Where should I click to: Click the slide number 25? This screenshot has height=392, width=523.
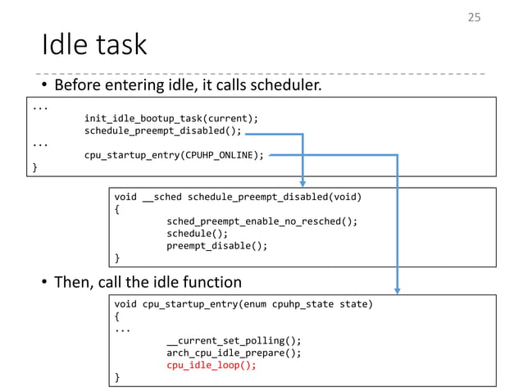[x=474, y=17]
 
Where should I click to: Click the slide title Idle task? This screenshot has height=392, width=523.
[x=94, y=44]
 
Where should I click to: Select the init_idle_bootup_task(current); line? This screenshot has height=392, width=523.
[x=171, y=118]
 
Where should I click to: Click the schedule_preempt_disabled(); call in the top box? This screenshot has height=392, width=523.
[x=162, y=130]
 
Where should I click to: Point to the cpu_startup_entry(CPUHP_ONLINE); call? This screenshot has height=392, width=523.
[x=174, y=155]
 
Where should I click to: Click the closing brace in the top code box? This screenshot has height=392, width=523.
[x=34, y=167]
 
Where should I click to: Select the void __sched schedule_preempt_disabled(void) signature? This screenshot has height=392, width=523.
[x=238, y=197]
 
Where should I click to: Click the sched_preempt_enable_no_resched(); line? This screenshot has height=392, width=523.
[x=261, y=221]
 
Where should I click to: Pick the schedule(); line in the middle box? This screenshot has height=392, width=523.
[x=197, y=234]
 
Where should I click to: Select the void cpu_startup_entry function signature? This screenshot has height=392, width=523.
[x=243, y=304]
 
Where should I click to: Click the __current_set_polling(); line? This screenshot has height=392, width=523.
[x=234, y=340]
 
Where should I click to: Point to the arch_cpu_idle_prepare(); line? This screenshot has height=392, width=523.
[x=234, y=353]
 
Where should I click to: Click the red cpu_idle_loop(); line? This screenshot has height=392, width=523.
[x=211, y=365]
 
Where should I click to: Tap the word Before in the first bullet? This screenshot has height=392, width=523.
[x=79, y=85]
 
